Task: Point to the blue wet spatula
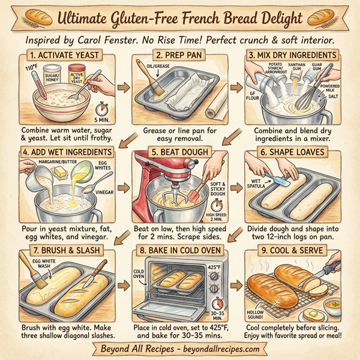(277, 180)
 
